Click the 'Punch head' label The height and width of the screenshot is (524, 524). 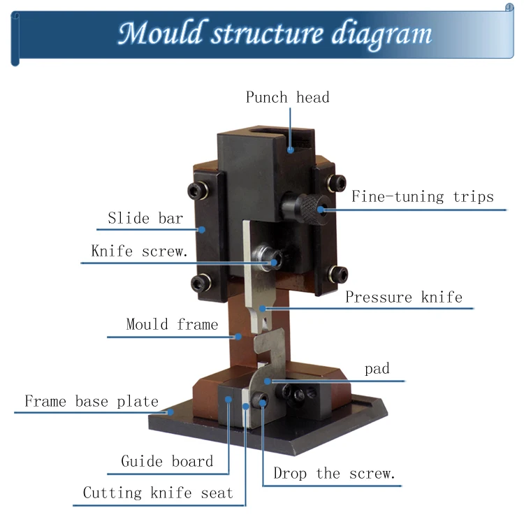(x=287, y=97)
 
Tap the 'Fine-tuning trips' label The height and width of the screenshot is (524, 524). (x=422, y=196)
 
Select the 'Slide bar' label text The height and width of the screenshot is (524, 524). (x=145, y=218)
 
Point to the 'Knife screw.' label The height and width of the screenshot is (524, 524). (x=140, y=251)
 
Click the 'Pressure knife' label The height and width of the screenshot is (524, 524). (x=404, y=297)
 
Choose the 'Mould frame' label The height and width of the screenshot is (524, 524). (x=172, y=324)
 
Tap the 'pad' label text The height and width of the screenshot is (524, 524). (x=377, y=369)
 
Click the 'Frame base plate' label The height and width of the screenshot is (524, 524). (x=92, y=402)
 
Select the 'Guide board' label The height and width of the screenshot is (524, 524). (x=167, y=461)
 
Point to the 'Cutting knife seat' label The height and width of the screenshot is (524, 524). (x=158, y=493)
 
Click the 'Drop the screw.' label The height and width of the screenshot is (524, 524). (x=334, y=474)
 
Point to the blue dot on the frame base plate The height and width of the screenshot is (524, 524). (x=170, y=412)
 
